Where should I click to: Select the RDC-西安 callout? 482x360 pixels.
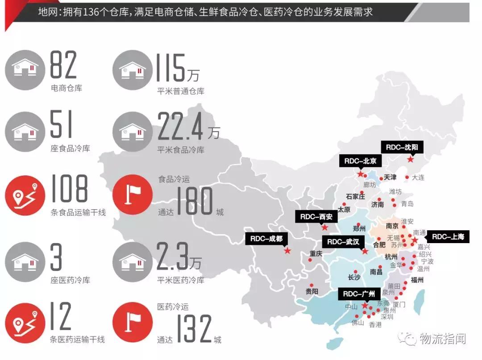[x=316, y=217]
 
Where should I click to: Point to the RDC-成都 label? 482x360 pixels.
[x=266, y=239]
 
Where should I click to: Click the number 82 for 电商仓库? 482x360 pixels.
[x=63, y=66]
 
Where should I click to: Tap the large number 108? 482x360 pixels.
[x=69, y=189]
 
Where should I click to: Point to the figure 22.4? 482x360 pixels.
[x=182, y=127]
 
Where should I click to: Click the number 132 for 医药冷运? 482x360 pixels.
[x=193, y=329]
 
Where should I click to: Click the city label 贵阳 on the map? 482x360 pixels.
[x=312, y=292]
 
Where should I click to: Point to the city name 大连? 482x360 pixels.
[x=418, y=178]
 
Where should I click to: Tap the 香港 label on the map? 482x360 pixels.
[x=375, y=325]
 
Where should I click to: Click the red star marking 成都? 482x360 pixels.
[x=287, y=251]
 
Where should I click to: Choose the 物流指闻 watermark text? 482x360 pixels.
[x=442, y=339]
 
